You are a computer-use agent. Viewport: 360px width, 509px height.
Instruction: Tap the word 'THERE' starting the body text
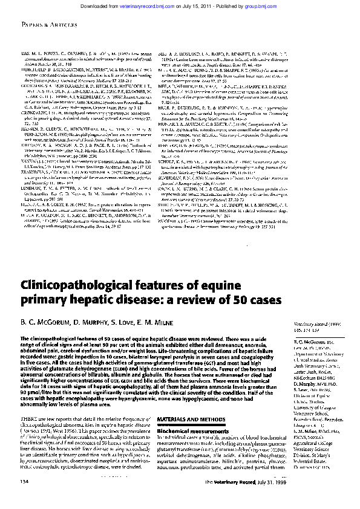tap(27, 402)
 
